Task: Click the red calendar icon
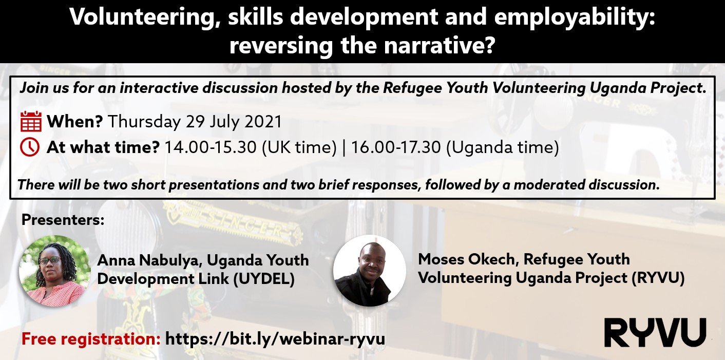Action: [x=31, y=121]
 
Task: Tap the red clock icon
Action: [x=30, y=147]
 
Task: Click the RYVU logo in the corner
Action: [x=655, y=332]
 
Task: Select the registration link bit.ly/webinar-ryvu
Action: [x=275, y=338]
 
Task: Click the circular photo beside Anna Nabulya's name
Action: [x=55, y=271]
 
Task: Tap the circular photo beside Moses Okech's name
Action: [x=370, y=271]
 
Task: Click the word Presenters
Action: [x=63, y=220]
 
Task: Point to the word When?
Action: [x=75, y=121]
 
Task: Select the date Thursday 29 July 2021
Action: [x=195, y=122]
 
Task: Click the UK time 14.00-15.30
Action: [x=211, y=147]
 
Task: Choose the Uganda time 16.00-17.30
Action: [x=396, y=147]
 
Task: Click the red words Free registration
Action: [x=91, y=339]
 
